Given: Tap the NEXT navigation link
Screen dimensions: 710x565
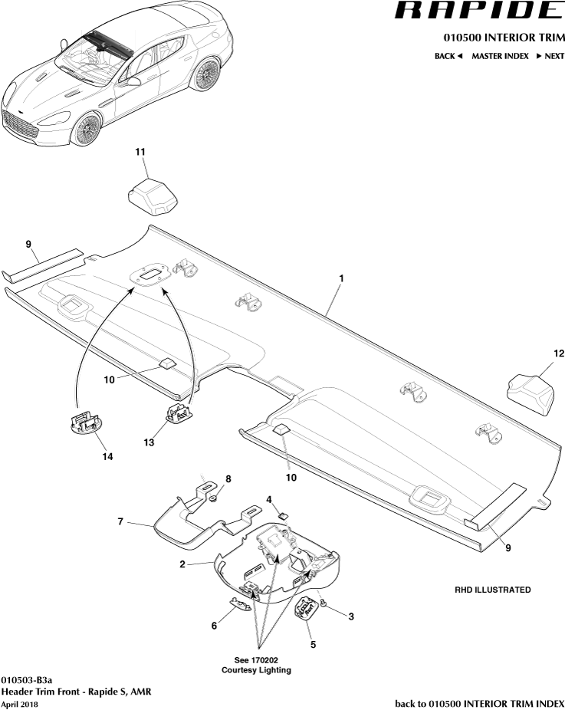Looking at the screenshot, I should pos(550,56).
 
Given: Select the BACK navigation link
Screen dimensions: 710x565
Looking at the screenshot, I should pos(448,56).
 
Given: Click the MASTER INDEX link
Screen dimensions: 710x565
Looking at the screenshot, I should pos(500,56).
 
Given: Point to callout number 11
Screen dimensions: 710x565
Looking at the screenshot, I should pos(140,153).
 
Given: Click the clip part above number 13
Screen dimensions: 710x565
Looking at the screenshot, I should pos(178,414).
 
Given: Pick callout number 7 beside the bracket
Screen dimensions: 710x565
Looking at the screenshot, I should pos(120,521).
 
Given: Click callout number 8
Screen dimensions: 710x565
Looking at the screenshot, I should pos(228,479).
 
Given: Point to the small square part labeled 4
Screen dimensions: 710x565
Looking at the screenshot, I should pos(282,515).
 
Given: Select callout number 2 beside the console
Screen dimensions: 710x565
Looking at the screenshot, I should pos(182,564).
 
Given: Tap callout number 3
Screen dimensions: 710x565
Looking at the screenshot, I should pos(351,616).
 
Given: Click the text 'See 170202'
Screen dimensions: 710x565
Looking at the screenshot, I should pos(256,659).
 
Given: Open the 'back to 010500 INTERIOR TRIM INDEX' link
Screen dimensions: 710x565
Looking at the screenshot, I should pos(479,703).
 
